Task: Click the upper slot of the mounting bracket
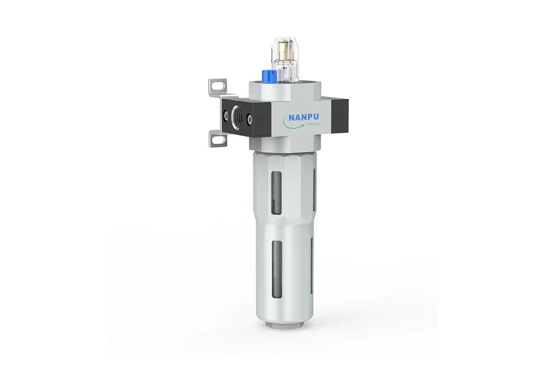(215, 85)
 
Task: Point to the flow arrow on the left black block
(261, 119)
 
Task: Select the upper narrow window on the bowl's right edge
(315, 186)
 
